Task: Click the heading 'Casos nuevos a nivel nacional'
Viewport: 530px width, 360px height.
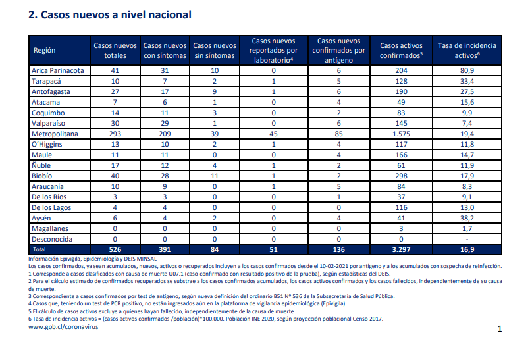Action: coord(116,15)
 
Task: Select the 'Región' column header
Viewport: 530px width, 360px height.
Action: coord(44,51)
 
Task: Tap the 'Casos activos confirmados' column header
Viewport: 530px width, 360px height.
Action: coord(401,51)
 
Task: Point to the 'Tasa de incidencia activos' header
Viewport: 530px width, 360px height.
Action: coord(467,51)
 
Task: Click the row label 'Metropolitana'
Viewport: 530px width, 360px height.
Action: coord(55,134)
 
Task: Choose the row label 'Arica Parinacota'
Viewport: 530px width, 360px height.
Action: coord(58,70)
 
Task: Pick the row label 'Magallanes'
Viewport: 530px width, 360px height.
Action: coord(49,229)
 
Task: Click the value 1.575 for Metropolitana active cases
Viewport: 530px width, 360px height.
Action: coord(401,134)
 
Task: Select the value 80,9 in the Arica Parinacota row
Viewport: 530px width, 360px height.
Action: coord(467,70)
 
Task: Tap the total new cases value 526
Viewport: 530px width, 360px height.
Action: coord(115,250)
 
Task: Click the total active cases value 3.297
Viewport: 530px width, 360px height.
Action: coord(401,250)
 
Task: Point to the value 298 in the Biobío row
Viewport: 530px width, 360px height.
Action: coord(401,176)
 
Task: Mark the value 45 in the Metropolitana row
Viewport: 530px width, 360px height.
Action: coord(273,134)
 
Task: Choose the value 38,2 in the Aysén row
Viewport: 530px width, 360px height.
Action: coord(467,219)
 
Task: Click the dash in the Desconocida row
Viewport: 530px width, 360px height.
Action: coord(467,240)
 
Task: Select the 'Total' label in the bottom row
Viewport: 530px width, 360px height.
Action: coord(40,249)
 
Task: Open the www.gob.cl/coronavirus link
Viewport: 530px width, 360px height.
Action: coord(63,327)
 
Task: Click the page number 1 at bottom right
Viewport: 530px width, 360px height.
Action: coord(500,329)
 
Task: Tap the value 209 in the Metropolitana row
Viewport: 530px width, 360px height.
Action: coord(165,134)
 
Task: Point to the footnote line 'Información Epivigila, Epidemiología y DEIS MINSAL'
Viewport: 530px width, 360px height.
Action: coord(93,259)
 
